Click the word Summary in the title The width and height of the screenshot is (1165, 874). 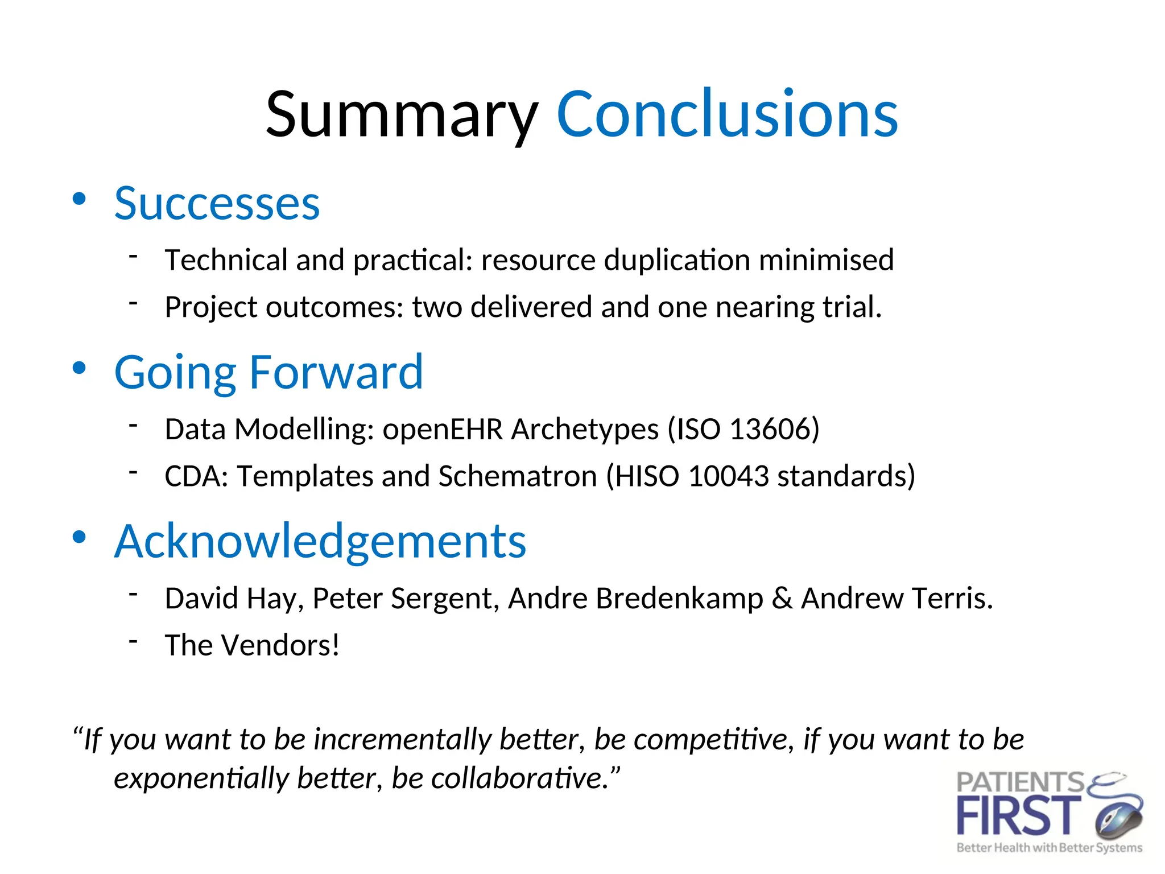pyautogui.click(x=402, y=116)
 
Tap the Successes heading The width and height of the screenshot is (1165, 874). pyautogui.click(x=217, y=204)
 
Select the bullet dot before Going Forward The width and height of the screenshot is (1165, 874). pyautogui.click(x=79, y=368)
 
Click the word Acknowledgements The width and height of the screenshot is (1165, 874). pyautogui.click(x=320, y=541)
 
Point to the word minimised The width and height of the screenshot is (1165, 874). pyautogui.click(x=826, y=260)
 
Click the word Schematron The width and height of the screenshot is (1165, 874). pyautogui.click(x=517, y=476)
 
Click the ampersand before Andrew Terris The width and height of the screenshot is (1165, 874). pyautogui.click(x=782, y=599)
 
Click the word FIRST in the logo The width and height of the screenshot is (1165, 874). pyautogui.click(x=1018, y=817)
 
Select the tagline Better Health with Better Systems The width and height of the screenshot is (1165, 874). pyautogui.click(x=1049, y=848)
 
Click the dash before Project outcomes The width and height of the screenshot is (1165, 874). pyautogui.click(x=134, y=303)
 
